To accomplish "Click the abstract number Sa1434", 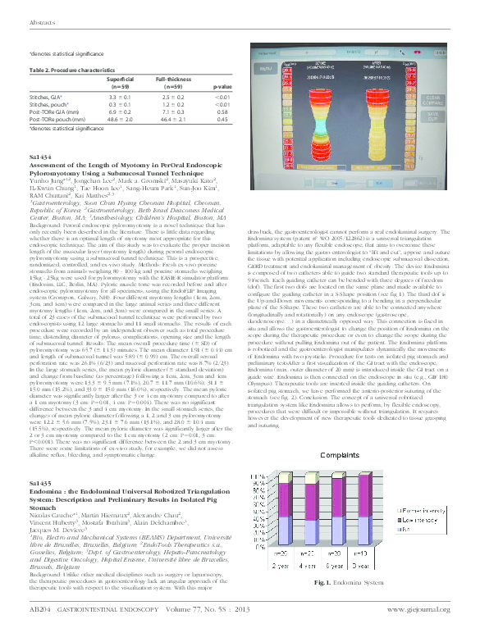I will pos(39,154).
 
